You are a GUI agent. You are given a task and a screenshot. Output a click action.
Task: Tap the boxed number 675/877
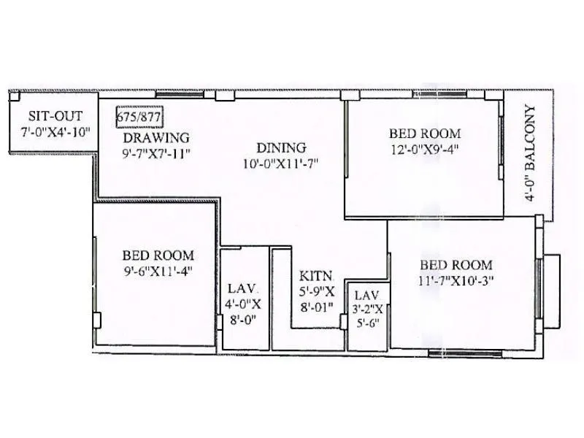(139, 116)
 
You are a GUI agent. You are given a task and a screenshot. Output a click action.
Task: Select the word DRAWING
(156, 137)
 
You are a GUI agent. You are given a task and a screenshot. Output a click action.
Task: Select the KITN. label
(316, 277)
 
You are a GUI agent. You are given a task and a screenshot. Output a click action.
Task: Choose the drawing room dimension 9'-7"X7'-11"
(156, 153)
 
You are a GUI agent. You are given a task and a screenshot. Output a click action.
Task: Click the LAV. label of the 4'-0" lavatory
(240, 288)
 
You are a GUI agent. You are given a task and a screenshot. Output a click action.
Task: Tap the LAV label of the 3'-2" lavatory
(365, 296)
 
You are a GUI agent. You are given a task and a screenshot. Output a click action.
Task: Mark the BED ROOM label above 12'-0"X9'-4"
(424, 134)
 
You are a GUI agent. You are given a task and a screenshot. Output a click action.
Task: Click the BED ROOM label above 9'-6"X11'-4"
(158, 255)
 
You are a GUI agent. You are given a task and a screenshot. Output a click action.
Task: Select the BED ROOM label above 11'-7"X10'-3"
(456, 265)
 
